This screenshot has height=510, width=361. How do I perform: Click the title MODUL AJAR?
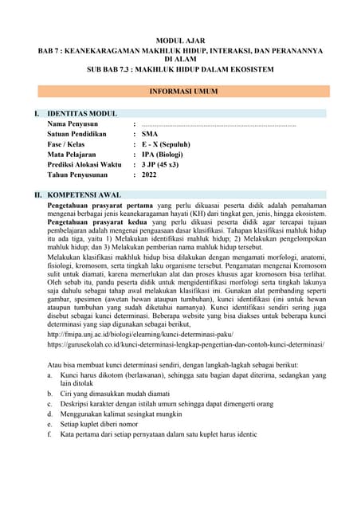[x=180, y=38]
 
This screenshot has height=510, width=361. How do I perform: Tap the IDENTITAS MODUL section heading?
[x=82, y=114]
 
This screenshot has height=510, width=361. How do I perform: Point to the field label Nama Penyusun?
[x=73, y=124]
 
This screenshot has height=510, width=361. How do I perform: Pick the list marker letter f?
[x=50, y=435]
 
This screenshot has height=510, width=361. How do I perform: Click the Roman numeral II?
[x=36, y=194]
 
